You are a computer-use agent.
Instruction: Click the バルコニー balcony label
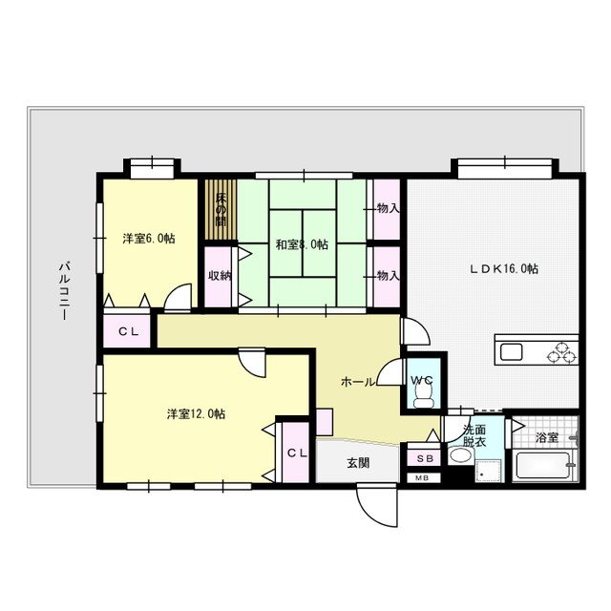pos(64,290)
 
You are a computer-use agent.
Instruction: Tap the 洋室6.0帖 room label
pos(149,238)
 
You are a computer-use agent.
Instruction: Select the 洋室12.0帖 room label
pos(196,413)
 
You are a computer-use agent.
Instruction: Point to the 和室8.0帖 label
pos(302,244)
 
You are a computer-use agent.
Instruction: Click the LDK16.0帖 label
pos(504,268)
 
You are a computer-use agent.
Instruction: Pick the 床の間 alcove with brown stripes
pos(221,210)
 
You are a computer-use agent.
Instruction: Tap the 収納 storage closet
pos(219,277)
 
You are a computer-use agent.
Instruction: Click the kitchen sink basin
pos(512,352)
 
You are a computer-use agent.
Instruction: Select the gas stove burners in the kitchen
pos(562,352)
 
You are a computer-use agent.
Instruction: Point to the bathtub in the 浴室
pos(544,465)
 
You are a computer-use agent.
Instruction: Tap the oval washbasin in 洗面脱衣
pos(460,454)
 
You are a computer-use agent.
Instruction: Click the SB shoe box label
pos(425,458)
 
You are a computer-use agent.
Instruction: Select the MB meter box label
pos(424,477)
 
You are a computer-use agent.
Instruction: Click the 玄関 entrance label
pos(358,463)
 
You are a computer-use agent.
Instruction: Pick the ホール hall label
pos(358,382)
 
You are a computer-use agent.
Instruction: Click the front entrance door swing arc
pos(370,515)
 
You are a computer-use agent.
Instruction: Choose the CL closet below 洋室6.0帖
pos(127,331)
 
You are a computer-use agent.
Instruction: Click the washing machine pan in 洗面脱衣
pos(488,471)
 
